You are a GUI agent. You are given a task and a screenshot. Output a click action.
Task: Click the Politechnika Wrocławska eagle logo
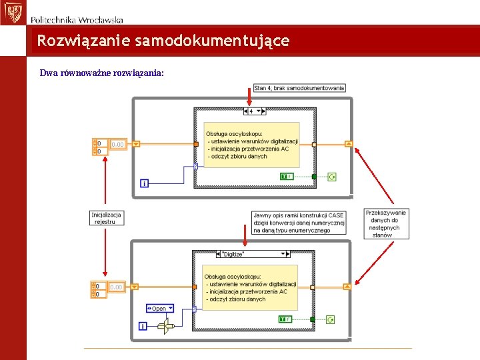(11, 12)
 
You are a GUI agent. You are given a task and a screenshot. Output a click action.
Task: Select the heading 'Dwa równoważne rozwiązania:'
(102, 73)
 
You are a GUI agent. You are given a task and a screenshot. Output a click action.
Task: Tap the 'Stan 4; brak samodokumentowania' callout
(299, 88)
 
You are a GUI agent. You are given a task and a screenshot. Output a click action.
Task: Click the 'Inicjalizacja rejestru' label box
(107, 218)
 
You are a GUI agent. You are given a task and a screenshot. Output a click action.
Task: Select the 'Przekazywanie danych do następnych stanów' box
(387, 223)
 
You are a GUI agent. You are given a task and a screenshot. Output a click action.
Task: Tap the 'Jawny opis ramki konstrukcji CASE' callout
(299, 223)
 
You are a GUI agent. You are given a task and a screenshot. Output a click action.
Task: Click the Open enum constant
(160, 309)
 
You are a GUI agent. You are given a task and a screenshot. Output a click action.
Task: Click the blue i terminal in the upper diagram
(144, 183)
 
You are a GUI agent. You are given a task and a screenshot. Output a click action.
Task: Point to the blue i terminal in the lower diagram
(143, 326)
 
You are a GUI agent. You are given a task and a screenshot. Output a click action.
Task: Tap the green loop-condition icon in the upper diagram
(332, 177)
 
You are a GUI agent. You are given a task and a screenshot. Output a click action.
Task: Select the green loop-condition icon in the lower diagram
(331, 319)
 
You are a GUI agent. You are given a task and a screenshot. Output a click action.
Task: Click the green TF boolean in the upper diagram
(287, 176)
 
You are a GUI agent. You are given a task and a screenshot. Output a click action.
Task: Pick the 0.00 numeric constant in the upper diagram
(117, 144)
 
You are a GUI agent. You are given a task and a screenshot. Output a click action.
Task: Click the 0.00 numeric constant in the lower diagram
(116, 287)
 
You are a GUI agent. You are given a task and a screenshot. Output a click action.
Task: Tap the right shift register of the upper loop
(348, 143)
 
